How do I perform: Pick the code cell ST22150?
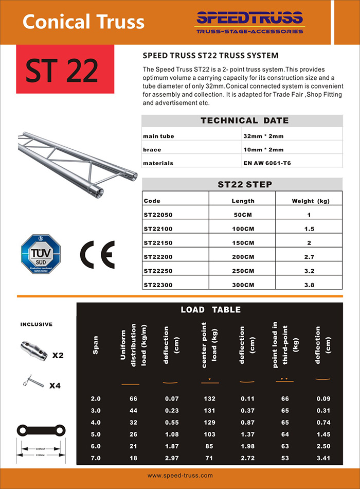(159, 242)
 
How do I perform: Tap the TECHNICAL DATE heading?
(244, 121)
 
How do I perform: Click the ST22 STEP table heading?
(245, 184)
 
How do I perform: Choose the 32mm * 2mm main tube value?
(263, 136)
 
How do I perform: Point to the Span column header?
(96, 345)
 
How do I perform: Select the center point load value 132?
(210, 399)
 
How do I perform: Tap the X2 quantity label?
(58, 355)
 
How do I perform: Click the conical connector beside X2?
(33, 351)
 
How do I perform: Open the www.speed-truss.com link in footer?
(180, 476)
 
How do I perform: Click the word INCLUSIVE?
(36, 325)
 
